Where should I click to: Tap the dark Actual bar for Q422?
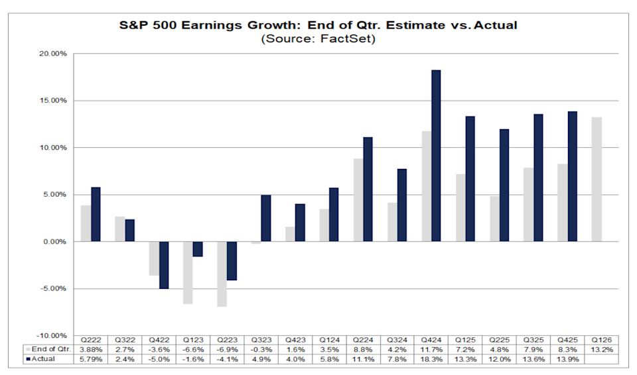[164, 265]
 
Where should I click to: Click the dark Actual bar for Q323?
[266, 218]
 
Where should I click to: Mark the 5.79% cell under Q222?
[90, 359]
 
